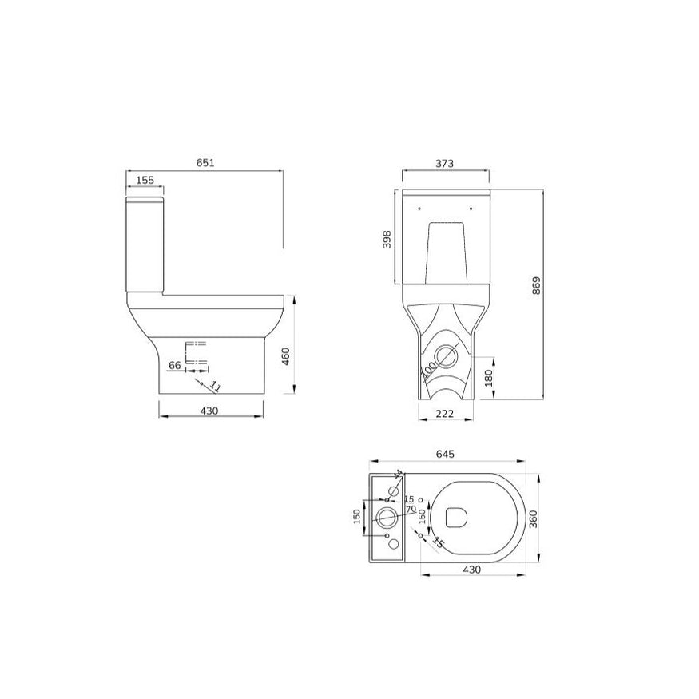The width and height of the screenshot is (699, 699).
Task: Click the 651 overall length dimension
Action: tap(205, 162)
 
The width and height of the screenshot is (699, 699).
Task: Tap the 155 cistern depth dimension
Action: tap(145, 181)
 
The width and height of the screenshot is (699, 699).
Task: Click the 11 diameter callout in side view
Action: tap(215, 387)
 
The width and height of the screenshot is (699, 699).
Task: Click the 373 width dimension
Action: tap(445, 163)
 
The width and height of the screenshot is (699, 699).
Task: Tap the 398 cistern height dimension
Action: tap(387, 240)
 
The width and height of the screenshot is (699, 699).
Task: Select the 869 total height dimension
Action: tap(536, 285)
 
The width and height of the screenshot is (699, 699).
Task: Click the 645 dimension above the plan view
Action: tap(445, 454)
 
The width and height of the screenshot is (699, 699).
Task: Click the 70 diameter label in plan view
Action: tap(410, 509)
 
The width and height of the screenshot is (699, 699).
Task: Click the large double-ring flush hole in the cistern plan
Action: tap(387, 517)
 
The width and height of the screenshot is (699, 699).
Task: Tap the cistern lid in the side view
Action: tap(145, 197)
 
